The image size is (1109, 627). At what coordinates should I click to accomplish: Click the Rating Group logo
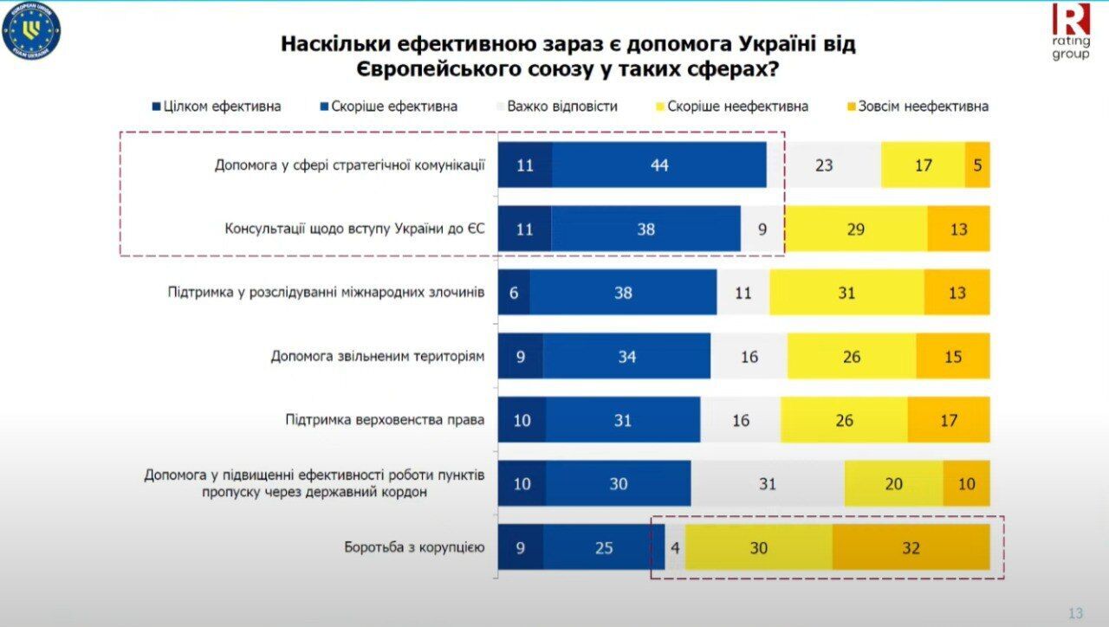[1071, 31]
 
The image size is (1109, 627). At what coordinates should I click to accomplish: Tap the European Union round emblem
[31, 32]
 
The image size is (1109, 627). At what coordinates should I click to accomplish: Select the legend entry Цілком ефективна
[217, 107]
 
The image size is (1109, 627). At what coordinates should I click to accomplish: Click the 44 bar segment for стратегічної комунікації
[659, 165]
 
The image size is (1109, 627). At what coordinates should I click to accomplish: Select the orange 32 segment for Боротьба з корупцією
[911, 547]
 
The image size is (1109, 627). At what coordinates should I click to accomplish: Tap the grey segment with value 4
[675, 547]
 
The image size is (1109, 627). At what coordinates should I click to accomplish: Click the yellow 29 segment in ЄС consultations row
[855, 229]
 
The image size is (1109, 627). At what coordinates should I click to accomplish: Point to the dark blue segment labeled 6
[514, 293]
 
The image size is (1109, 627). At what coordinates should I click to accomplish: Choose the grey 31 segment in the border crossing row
[768, 483]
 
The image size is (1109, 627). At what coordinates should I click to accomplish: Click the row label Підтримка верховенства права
[385, 420]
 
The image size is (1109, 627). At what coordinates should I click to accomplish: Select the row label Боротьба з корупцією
[414, 547]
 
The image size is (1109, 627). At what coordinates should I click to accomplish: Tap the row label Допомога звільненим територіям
[377, 356]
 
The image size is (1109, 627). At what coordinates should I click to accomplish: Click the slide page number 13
[1075, 613]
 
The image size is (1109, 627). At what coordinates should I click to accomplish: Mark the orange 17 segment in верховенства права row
[949, 420]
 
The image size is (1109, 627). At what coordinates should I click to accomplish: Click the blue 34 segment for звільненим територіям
[626, 356]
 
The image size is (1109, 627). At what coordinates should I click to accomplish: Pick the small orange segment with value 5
[977, 165]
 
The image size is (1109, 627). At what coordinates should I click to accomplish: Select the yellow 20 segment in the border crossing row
[893, 483]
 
